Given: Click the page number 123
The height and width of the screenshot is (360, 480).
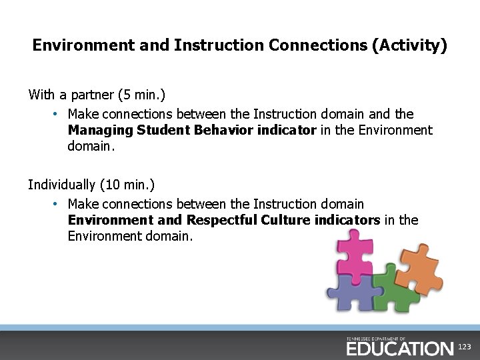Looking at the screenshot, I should pos(465,347).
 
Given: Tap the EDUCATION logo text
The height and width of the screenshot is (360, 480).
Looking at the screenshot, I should pos(399,348).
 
